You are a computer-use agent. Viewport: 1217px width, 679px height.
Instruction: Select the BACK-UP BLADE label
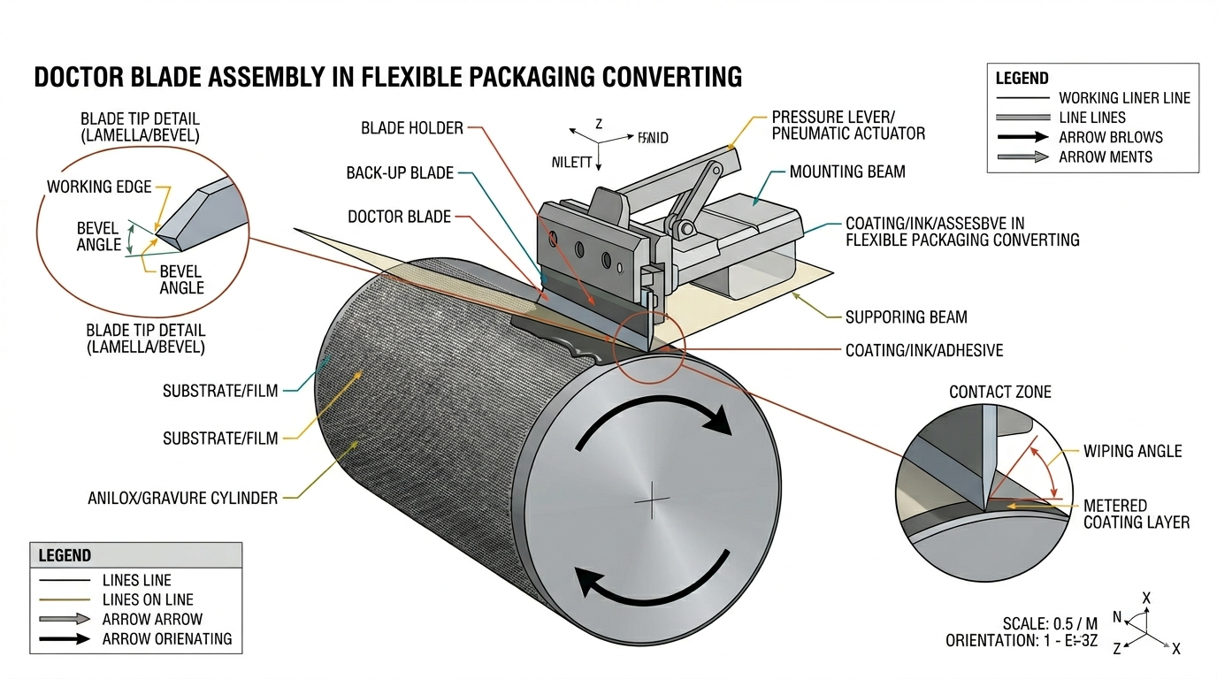coord(399,172)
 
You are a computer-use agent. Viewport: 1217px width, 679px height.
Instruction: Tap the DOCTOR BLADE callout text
coord(399,217)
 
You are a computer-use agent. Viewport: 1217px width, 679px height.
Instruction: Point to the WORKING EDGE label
coord(99,187)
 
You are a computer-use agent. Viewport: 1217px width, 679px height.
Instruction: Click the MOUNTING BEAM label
coord(847,172)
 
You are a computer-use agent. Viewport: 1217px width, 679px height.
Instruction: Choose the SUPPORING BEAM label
coord(906,317)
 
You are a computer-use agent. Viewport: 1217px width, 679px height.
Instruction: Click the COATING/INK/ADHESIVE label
coord(923,350)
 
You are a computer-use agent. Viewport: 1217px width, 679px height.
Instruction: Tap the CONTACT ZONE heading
coord(999,392)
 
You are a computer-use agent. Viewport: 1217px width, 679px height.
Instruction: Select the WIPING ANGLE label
coord(1132,451)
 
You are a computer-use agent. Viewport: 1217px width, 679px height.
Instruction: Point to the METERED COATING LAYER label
coord(1136,514)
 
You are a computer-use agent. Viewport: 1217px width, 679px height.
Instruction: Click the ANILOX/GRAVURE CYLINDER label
coord(182,498)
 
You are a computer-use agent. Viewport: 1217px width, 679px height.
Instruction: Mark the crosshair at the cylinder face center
coord(653,501)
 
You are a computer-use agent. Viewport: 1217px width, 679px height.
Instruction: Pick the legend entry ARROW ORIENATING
coord(166,638)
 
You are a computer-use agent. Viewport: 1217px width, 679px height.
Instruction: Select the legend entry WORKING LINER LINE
coord(1124,98)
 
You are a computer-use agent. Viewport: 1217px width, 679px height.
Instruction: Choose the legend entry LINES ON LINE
coord(148,599)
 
